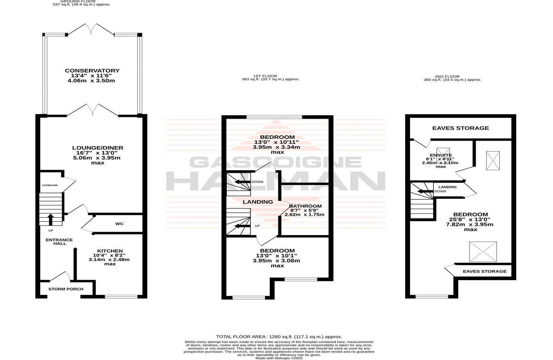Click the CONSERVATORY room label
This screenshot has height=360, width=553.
click(92, 71)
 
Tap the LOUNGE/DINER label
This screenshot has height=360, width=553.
click(97, 148)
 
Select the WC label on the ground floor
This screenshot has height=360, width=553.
click(119, 224)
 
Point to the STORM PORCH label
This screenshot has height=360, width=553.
click(66, 289)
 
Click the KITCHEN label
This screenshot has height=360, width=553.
click(110, 251)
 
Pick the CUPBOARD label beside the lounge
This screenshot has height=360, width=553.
click(50, 185)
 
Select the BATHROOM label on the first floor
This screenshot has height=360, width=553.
click(305, 206)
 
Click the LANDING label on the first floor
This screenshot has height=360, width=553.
click(258, 202)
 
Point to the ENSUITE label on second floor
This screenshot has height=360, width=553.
click(441, 155)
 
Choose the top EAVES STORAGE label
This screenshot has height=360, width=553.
click(460, 128)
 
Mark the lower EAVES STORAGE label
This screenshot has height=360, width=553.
click(485, 271)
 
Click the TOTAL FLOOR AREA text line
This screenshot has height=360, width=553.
click(279, 337)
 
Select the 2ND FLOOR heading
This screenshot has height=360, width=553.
click(452, 76)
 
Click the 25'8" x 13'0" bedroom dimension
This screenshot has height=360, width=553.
click(470, 219)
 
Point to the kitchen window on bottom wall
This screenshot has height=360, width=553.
click(121, 296)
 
